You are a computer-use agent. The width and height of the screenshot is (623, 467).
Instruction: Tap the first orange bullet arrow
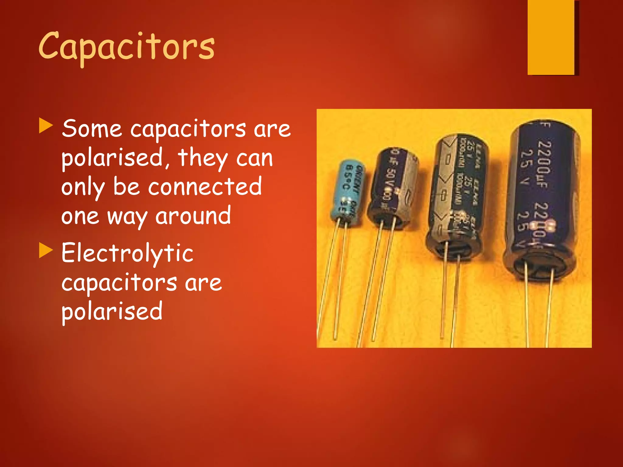tap(46, 126)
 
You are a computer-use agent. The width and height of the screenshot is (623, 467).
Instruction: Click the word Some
tap(92, 129)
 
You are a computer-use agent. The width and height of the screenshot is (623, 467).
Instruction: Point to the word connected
tap(205, 187)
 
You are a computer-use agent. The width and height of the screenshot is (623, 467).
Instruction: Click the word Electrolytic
tap(127, 253)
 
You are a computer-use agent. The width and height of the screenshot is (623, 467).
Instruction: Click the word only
tap(83, 187)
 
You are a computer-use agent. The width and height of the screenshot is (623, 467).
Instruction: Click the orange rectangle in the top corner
tap(551, 37)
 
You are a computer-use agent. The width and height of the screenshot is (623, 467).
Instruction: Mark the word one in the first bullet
tap(80, 216)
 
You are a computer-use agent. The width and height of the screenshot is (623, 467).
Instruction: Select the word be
tap(127, 187)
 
